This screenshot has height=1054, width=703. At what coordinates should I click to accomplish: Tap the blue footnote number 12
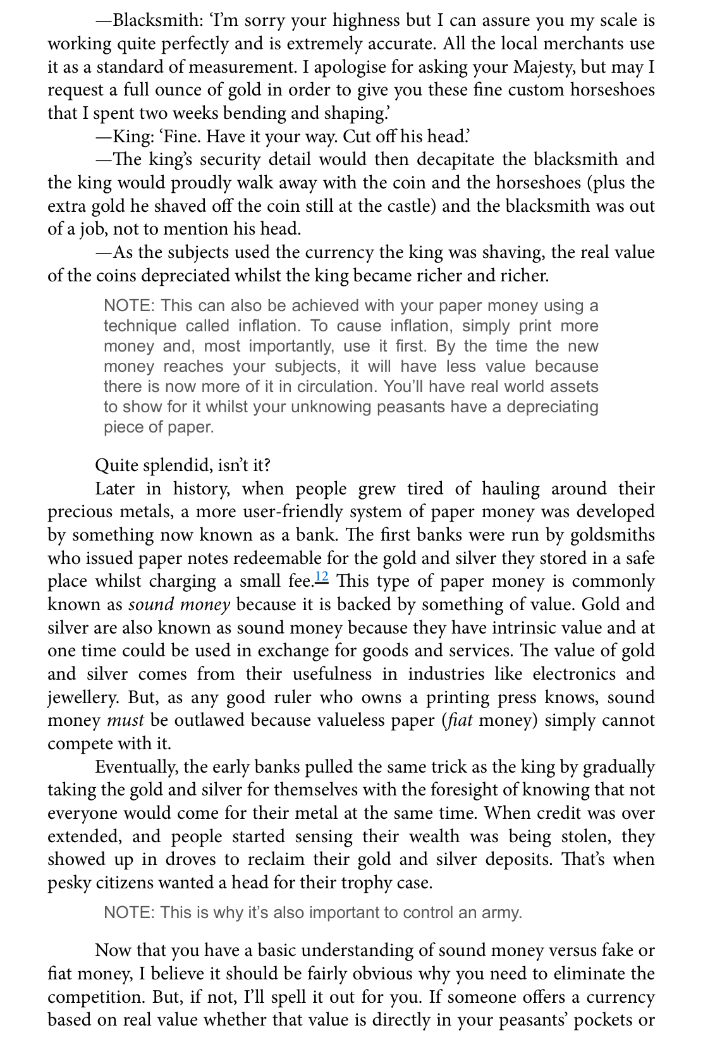click(321, 577)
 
